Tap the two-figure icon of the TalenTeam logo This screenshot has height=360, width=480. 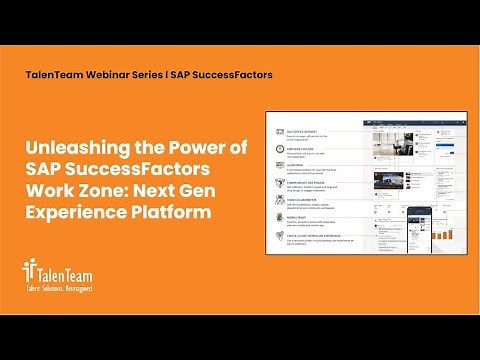coord(28,269)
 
